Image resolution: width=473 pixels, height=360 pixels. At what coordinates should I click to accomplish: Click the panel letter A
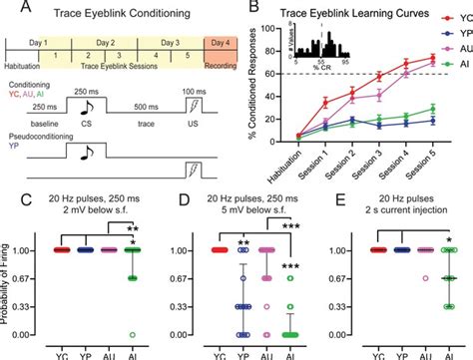point(9,8)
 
